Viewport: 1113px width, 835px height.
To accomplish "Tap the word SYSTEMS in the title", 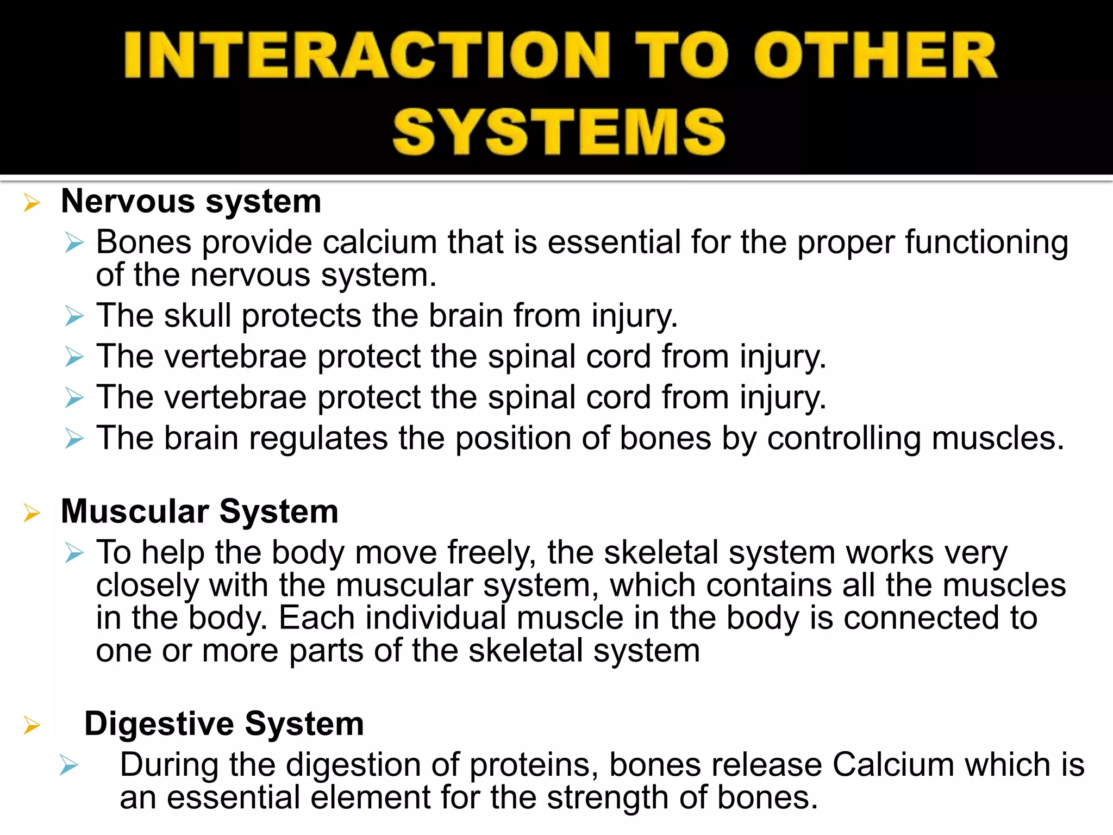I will coord(559,132).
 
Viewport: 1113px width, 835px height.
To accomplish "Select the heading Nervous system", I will coord(191,202).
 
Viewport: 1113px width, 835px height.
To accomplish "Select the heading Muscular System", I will coord(199,512).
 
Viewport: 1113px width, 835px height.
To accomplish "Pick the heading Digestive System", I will coord(224,724).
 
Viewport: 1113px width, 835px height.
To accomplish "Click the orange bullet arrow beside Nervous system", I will coord(32,204).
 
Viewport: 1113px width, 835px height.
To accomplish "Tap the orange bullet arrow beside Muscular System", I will coord(32,514).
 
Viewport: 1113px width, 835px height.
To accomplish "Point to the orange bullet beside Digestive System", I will coord(32,726).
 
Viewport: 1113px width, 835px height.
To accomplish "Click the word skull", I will coord(198,315).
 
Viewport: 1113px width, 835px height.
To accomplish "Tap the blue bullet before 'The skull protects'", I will coord(74,316).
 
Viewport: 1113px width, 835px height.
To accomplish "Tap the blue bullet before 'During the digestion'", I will coord(70,766).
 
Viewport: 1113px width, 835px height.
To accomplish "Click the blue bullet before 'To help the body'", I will coord(74,553).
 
